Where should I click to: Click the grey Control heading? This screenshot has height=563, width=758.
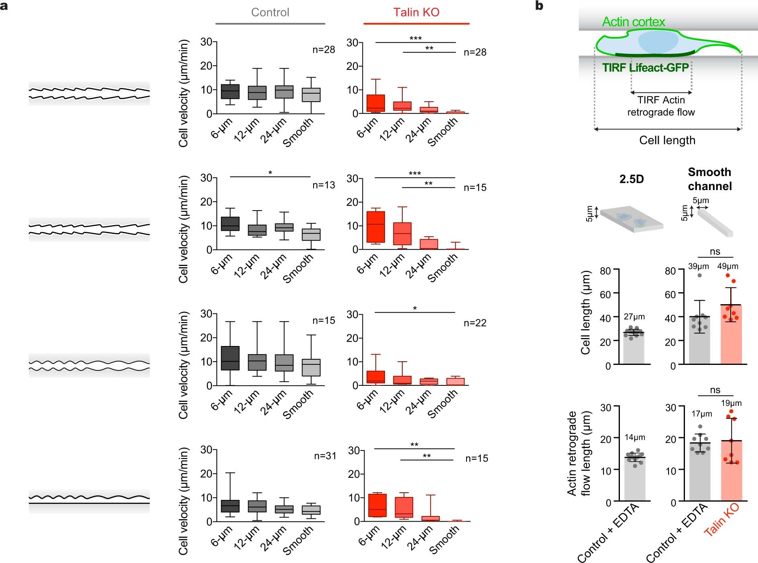tap(270, 12)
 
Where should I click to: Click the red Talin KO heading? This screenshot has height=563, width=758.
tap(416, 12)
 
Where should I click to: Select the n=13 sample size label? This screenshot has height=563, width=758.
tap(324, 185)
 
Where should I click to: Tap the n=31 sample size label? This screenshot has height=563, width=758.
tap(325, 456)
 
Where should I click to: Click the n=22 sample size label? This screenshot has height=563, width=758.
tap(475, 323)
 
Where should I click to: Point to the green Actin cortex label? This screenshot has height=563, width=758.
tap(633, 22)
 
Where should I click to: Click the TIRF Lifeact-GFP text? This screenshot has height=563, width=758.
tap(645, 68)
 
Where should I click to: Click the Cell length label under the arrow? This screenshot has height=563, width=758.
tap(667, 140)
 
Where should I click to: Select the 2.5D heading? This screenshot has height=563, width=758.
tap(631, 179)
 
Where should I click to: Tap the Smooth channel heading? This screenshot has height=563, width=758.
tap(709, 179)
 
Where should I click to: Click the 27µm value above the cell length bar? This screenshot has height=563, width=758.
tap(634, 317)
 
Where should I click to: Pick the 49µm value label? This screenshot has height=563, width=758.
tap(727, 266)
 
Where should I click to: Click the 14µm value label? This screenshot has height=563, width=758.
tap(635, 437)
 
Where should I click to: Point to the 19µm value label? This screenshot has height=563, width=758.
tap(731, 403)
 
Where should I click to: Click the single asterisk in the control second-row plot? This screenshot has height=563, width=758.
tap(270, 173)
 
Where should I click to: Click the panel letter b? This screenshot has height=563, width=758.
tap(539, 6)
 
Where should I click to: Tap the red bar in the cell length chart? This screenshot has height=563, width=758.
tap(731, 338)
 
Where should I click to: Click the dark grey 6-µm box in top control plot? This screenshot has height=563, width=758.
tap(230, 92)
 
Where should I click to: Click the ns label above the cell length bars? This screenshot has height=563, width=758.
tap(715, 252)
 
